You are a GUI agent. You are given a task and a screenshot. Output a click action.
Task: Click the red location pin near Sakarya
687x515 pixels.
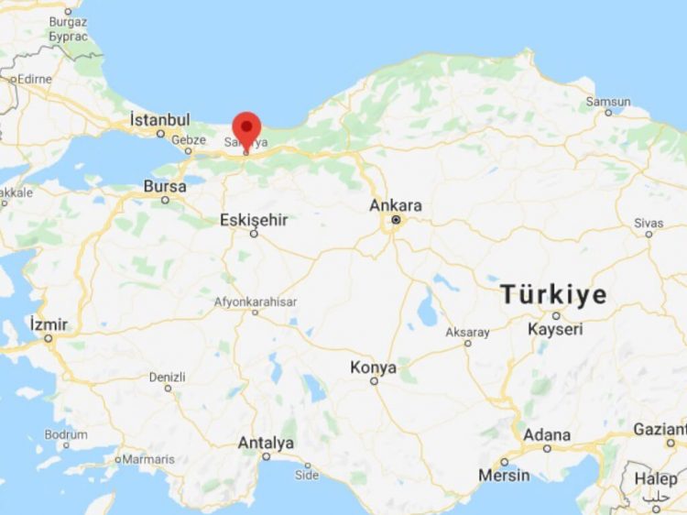point(246,128)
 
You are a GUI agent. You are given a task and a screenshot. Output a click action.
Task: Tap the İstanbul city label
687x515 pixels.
point(159,120)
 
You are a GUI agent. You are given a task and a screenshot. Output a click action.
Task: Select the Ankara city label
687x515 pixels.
point(396,205)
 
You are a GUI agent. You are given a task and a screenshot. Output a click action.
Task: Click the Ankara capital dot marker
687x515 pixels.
point(396,221)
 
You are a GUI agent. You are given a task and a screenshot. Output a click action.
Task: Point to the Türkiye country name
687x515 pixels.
point(553,295)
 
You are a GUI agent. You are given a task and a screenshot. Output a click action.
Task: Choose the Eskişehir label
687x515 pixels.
point(254,220)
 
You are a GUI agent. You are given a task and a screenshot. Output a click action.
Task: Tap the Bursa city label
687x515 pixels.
point(165,186)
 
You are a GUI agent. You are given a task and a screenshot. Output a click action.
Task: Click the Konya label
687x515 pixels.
point(374,367)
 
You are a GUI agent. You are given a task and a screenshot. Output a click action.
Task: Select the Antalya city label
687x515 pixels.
point(266,443)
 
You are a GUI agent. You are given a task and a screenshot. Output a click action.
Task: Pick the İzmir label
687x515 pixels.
point(49,324)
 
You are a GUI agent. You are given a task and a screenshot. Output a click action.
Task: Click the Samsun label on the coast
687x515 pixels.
point(608,101)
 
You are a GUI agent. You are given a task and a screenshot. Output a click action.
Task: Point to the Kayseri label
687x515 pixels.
point(555,328)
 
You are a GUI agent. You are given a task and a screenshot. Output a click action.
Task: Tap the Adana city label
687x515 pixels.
point(547,434)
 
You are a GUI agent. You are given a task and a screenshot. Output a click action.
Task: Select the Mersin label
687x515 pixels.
point(504,475)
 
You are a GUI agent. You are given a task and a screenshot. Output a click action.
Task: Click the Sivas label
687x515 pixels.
point(649,223)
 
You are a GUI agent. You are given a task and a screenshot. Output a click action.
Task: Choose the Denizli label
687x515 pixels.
point(167,377)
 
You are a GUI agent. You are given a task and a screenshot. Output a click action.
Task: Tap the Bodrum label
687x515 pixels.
point(65,433)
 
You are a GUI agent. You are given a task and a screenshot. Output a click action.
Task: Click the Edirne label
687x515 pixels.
point(33,79)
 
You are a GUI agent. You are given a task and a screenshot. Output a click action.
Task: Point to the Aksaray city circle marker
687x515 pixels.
point(467,344)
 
